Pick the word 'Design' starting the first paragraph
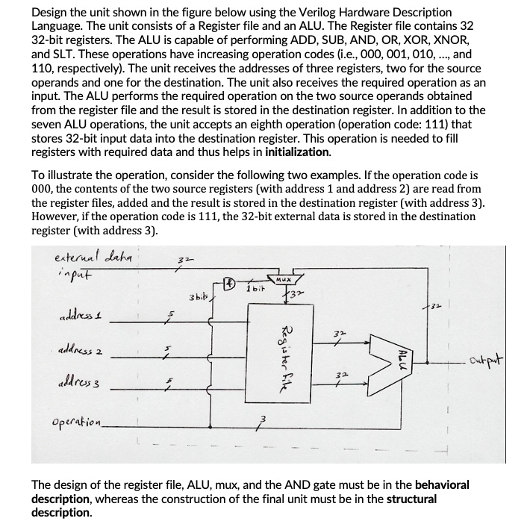(50, 13)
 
